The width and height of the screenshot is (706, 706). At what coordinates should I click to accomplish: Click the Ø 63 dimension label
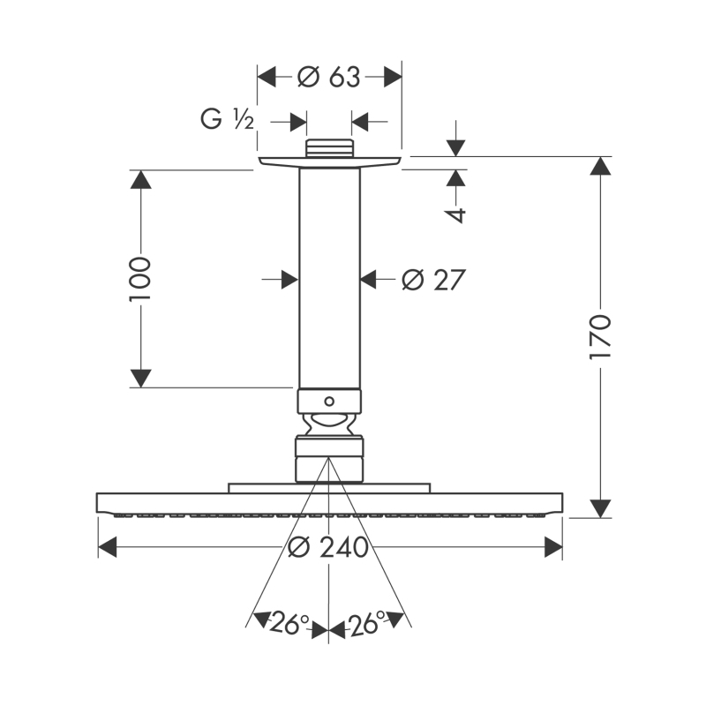pyautogui.click(x=329, y=77)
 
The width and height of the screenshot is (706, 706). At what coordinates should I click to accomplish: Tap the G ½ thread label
pyautogui.click(x=228, y=119)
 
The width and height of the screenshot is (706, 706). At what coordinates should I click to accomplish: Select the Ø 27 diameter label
pyautogui.click(x=433, y=280)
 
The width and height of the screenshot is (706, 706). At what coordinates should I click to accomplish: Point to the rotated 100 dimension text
pyautogui.click(x=140, y=279)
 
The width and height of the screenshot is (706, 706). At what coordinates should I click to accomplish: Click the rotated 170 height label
pyautogui.click(x=600, y=337)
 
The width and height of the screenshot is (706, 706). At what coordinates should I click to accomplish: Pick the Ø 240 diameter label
pyautogui.click(x=328, y=547)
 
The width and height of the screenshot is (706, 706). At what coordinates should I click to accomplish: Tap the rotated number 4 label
pyautogui.click(x=456, y=214)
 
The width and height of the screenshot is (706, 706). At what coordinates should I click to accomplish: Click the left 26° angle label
pyautogui.click(x=289, y=623)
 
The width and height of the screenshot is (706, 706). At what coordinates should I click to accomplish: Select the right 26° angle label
pyautogui.click(x=367, y=623)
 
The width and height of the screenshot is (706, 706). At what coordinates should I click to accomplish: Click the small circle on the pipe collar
pyautogui.click(x=329, y=401)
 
